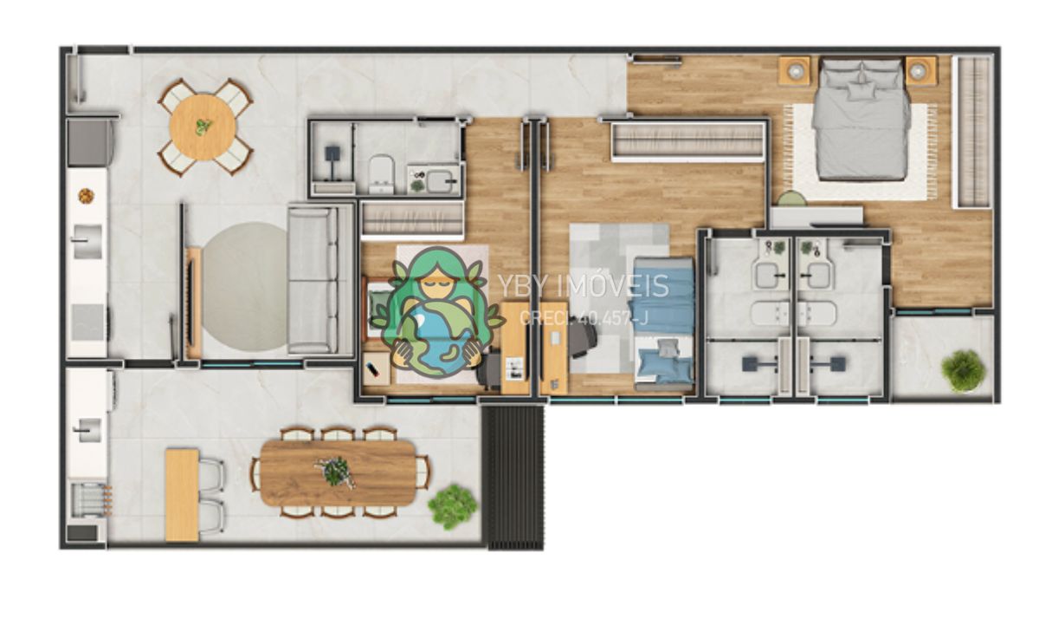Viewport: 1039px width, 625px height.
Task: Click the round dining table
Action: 203,127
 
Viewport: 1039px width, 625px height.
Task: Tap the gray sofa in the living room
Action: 313,281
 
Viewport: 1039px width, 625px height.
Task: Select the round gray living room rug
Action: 245,288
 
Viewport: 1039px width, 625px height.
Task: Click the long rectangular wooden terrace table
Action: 338,472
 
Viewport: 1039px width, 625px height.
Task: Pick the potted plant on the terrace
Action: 452,506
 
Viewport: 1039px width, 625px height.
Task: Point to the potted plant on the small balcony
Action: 964,370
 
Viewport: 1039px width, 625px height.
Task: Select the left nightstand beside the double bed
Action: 795,71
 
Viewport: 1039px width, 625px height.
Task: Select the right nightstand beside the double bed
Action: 921,71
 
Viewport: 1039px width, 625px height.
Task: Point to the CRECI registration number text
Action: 584,318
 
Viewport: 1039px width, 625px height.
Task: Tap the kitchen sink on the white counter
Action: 87,242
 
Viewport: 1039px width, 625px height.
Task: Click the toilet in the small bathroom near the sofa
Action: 381,174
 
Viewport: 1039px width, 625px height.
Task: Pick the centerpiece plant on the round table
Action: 203,127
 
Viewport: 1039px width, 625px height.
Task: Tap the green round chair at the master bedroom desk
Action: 792,199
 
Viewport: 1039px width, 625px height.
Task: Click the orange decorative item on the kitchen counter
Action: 86,196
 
